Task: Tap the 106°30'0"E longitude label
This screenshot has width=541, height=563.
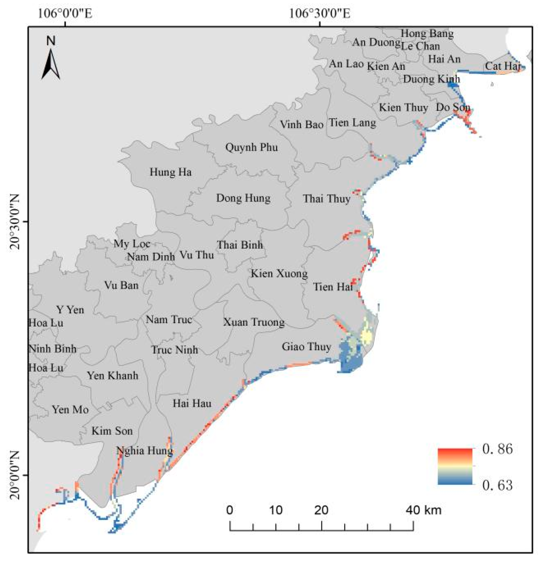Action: pos(319,14)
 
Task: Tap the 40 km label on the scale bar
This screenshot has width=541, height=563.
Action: pos(423,510)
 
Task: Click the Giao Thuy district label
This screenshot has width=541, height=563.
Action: pos(306,347)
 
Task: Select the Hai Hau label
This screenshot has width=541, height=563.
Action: pos(192,404)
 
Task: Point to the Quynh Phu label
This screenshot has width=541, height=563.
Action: pos(252,148)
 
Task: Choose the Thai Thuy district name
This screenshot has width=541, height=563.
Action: pos(326,199)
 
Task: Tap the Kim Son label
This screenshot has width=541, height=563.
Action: pos(112,431)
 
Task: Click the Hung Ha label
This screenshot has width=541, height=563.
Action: pos(170,172)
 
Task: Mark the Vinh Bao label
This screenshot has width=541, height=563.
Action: pos(302,125)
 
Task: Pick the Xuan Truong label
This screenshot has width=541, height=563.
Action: pos(254,322)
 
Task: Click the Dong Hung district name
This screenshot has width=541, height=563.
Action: pos(243,198)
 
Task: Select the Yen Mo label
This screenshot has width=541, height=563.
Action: pos(70,410)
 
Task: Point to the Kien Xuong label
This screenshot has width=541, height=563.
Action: pos(279,273)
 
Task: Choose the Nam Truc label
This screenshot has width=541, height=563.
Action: pos(169,320)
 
